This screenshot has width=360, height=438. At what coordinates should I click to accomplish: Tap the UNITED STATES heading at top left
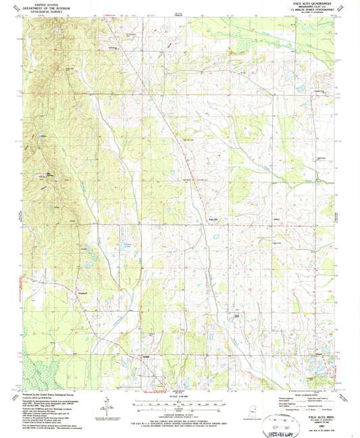42,3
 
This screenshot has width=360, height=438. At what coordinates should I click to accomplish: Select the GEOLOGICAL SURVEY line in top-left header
42,11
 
